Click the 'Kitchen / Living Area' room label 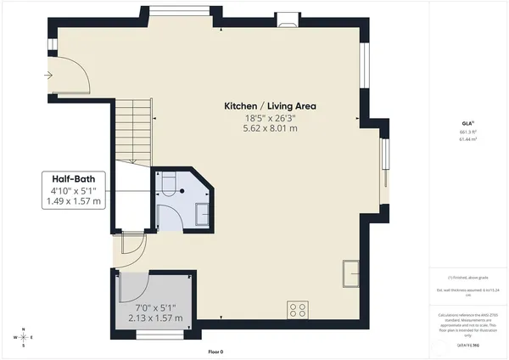point(269,106)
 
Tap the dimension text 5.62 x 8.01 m point(269,129)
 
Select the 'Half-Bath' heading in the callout point(75,178)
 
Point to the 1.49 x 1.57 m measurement point(75,202)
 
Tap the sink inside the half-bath point(202,216)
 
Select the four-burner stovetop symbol point(298,307)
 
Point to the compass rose point(25,337)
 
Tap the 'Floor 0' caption point(216,352)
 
